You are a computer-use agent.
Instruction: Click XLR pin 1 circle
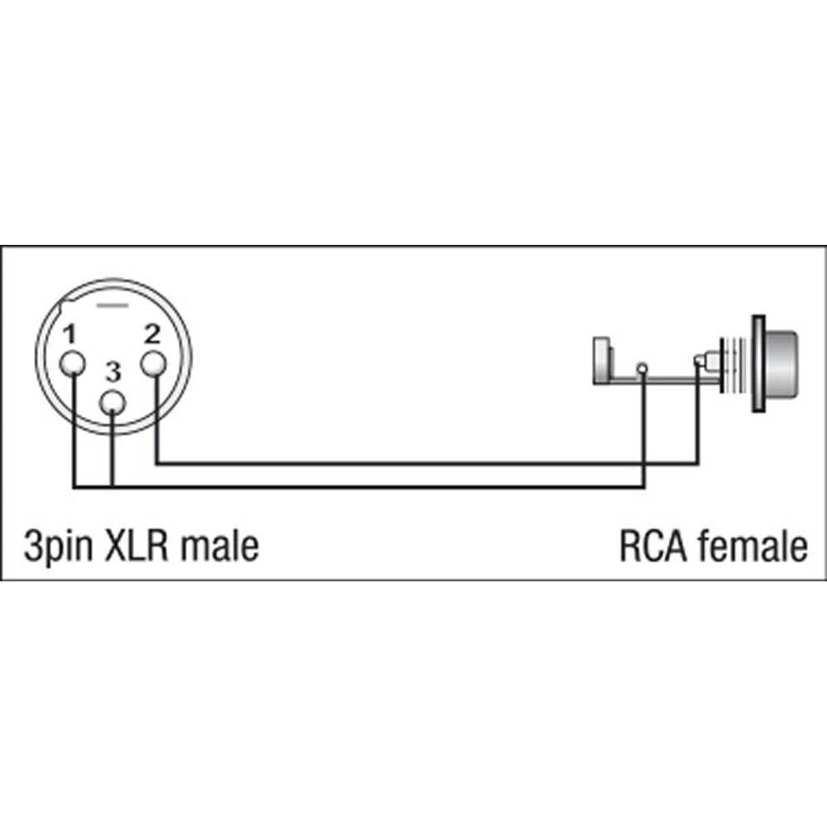(x=73, y=364)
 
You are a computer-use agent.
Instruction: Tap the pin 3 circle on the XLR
(x=113, y=403)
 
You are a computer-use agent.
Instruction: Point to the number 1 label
(x=70, y=335)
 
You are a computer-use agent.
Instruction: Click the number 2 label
(x=151, y=335)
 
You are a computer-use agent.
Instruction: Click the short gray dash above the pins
(x=113, y=306)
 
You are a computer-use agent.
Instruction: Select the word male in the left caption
(x=219, y=547)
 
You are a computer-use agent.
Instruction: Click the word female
(x=752, y=547)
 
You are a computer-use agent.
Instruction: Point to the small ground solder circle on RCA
(x=643, y=366)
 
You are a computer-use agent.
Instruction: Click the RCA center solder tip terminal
(x=700, y=361)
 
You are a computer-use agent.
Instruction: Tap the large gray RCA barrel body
(x=782, y=363)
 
